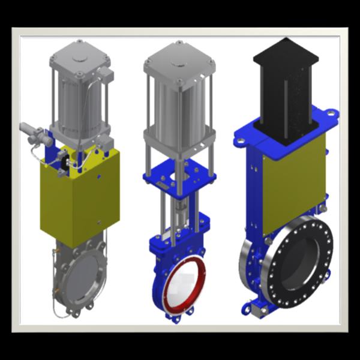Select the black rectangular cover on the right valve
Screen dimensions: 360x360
coord(286,90)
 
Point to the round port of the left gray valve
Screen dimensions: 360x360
coord(84,282)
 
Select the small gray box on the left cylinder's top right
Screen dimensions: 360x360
coord(107,76)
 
